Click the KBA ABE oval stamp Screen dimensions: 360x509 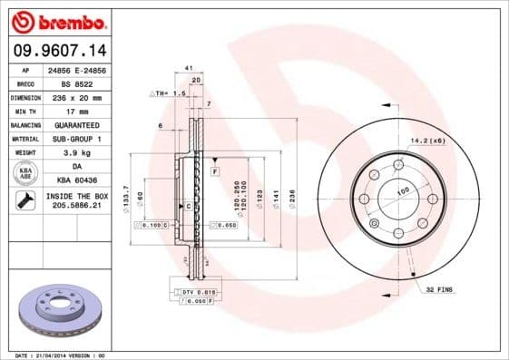pos(26,174)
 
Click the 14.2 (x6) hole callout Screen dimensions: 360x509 pos(429,141)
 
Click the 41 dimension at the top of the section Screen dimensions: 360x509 pos(189,68)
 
